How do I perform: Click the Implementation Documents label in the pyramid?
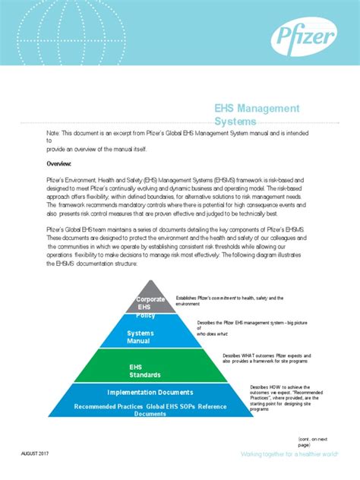[150, 393]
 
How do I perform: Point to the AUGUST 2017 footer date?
[38, 453]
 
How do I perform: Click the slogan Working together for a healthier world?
[278, 454]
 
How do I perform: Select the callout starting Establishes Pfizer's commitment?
[229, 301]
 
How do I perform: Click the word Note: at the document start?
[53, 132]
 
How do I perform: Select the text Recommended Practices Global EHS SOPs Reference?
[150, 407]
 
